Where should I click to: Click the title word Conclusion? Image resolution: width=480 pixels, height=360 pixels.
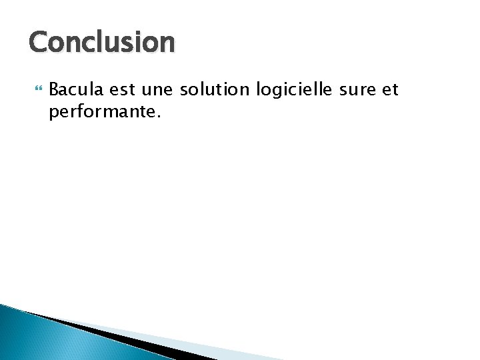pos(102,43)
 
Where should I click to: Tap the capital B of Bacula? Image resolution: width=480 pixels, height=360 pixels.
pos(55,90)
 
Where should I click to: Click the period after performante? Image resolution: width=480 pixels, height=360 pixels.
pos(158,115)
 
